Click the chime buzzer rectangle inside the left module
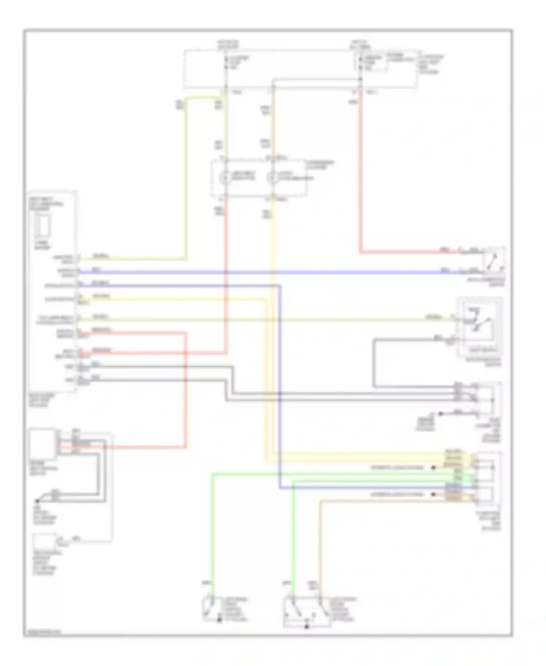(43, 226)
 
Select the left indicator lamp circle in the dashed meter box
(225, 178)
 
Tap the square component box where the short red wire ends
(43, 444)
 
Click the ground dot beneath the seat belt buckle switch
(37, 501)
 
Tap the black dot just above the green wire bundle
(433, 467)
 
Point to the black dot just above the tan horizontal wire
(433, 495)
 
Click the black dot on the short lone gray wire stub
(441, 414)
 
